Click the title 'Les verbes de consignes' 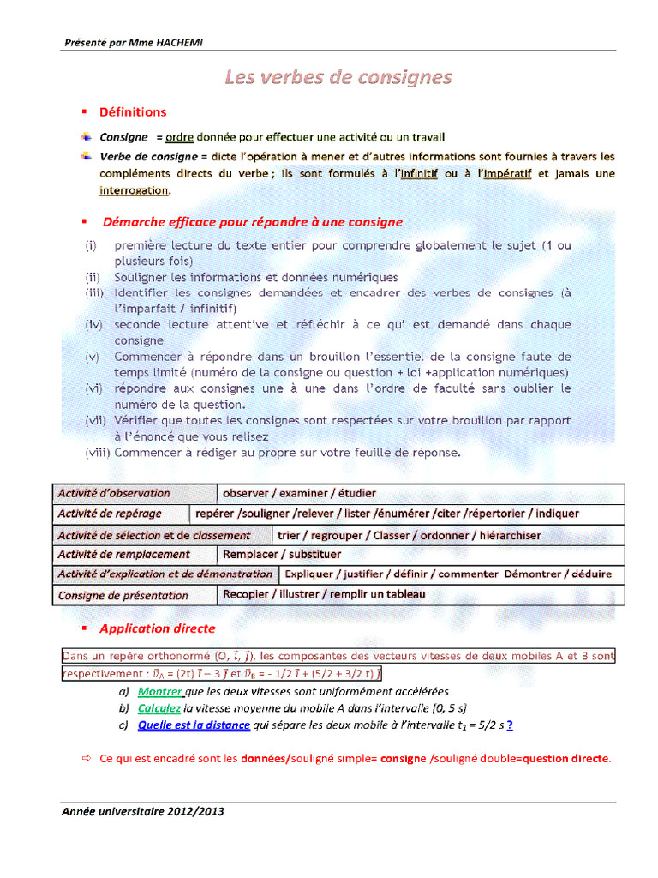pos(338,78)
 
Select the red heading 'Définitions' pos(133,112)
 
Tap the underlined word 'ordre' pos(179,137)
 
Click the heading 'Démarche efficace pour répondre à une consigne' pos(252,222)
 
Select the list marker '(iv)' pos(94,325)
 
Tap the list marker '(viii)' pos(97,452)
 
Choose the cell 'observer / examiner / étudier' pos(299,494)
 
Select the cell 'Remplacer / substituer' pos(282,555)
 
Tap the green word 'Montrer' pos(160,691)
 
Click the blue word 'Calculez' pos(159,708)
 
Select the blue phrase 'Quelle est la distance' pos(194,725)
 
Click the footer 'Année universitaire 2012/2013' pos(143,811)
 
